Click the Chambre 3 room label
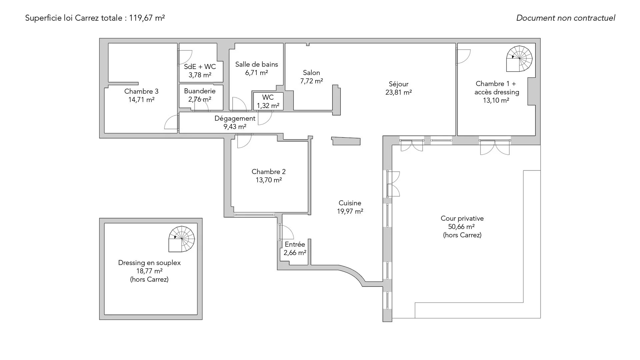pos(141,91)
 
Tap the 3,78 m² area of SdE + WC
pos(200,75)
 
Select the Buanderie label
pos(200,91)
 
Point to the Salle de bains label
pos(257,64)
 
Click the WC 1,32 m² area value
pos(268,106)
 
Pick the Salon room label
pos(311,73)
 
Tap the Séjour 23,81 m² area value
pos(399,93)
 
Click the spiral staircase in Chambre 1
pos(519,59)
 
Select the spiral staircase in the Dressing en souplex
pos(182,239)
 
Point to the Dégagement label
pos(235,119)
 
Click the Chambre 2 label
pos(269,172)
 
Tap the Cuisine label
pos(350,203)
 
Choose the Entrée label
pos(295,244)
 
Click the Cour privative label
pos(462,218)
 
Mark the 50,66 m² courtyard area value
pos(462,227)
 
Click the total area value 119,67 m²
pos(147,18)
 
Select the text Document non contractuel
pos(566,18)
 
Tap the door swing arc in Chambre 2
pos(244,141)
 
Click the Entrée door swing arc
pos(286,232)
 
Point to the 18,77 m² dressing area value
pos(149,271)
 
